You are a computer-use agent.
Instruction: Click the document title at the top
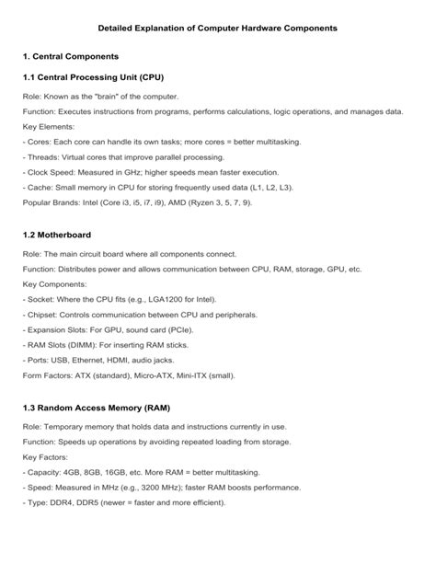(x=218, y=29)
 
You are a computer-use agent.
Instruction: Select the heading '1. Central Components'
(x=75, y=57)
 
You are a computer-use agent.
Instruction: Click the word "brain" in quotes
(x=114, y=96)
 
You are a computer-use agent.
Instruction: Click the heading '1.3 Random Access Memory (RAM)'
(x=96, y=407)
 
